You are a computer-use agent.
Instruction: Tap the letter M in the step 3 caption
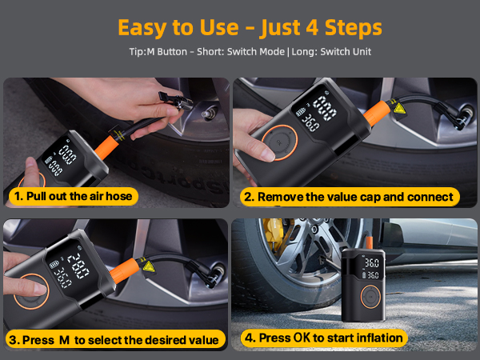coord(63,339)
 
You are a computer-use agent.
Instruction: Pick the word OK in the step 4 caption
coord(300,338)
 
